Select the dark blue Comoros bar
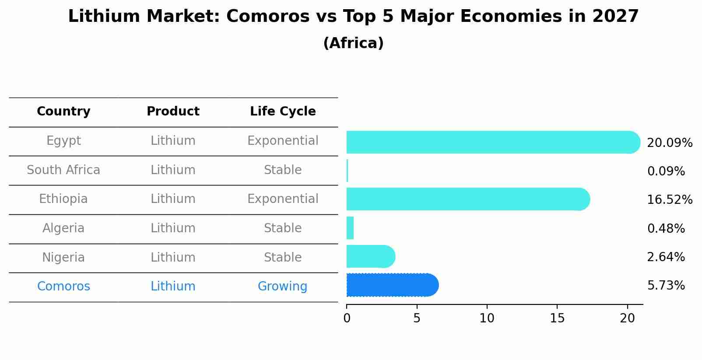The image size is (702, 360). click(x=392, y=285)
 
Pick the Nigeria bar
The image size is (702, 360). click(x=370, y=256)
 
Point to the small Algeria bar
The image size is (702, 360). click(x=350, y=228)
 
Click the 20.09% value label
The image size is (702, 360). click(x=669, y=143)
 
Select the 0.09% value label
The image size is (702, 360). click(x=666, y=171)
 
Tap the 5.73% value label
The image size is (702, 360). click(x=666, y=286)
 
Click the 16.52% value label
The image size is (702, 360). click(x=669, y=200)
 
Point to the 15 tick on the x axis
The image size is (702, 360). click(x=557, y=318)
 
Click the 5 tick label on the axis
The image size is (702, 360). click(x=417, y=318)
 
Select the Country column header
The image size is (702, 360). click(x=63, y=112)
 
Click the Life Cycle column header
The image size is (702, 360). click(x=283, y=112)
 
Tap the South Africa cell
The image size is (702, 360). click(x=63, y=170)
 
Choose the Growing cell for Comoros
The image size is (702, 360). click(x=282, y=287)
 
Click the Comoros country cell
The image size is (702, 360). click(x=63, y=287)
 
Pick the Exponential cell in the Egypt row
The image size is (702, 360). click(x=283, y=141)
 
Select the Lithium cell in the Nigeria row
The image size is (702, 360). click(x=173, y=257)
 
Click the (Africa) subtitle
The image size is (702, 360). click(x=353, y=43)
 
